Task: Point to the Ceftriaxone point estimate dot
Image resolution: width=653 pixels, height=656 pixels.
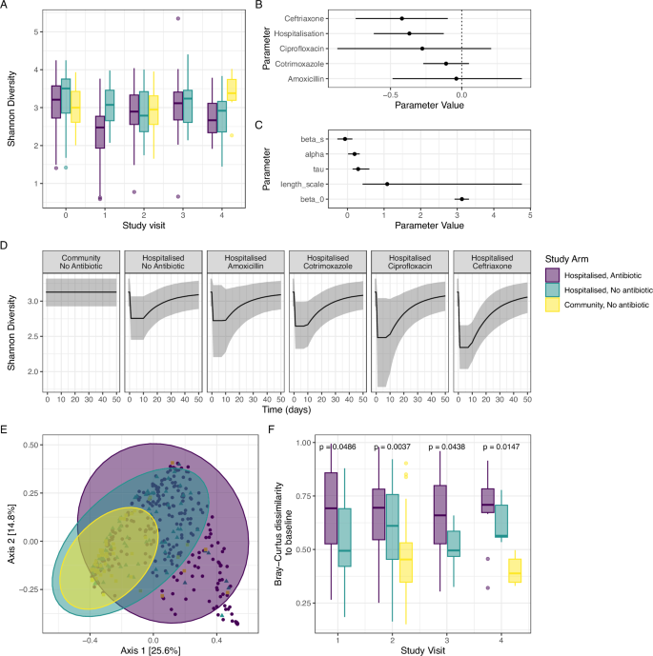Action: click(402, 18)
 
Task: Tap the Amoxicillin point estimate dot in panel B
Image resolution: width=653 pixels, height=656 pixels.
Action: click(457, 79)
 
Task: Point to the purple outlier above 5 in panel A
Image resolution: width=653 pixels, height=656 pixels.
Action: click(178, 19)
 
